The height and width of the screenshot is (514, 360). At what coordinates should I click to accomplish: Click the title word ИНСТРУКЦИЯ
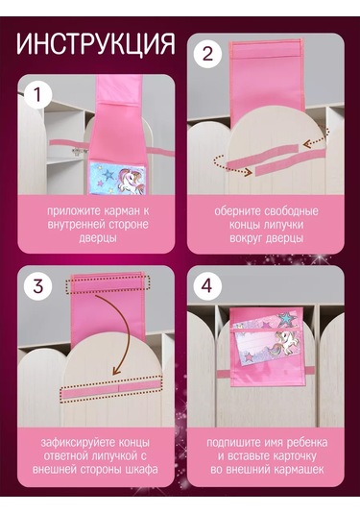[96, 44]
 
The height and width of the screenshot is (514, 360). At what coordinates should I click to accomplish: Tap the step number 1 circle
[36, 95]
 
